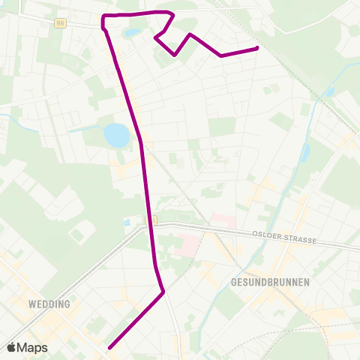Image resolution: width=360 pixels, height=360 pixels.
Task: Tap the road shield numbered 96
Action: point(60,22)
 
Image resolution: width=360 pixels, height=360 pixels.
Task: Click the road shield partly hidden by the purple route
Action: point(151,219)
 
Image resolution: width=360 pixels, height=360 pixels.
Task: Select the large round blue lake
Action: point(116,135)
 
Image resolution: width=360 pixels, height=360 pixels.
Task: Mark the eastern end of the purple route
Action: point(257,48)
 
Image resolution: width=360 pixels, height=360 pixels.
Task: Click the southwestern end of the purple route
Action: point(109,347)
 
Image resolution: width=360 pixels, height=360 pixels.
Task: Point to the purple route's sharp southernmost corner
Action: point(163,292)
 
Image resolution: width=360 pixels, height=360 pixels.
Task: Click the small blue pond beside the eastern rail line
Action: point(331,92)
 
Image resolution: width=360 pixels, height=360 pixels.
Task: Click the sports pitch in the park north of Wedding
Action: point(76,235)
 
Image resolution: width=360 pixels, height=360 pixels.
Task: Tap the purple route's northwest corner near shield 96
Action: point(103,16)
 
